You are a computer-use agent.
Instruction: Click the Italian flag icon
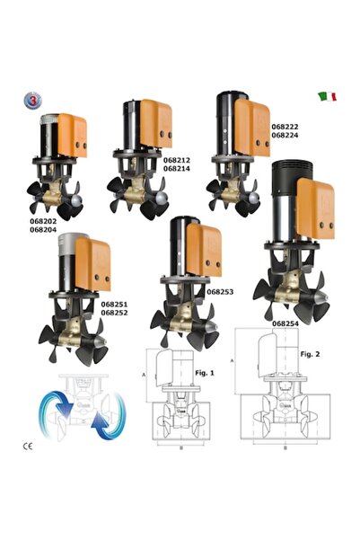[x=328, y=96]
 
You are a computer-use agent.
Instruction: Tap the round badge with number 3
[x=32, y=101]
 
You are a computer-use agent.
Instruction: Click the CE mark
[x=28, y=447]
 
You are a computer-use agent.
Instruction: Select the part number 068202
[x=43, y=221]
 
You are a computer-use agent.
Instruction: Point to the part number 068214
[x=177, y=169]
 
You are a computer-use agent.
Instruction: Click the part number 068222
[x=285, y=127]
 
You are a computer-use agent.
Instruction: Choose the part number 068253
[x=220, y=292]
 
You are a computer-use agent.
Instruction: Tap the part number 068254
[x=285, y=323]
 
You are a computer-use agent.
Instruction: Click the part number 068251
[x=114, y=305]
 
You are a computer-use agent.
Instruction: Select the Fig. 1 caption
[x=205, y=373]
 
